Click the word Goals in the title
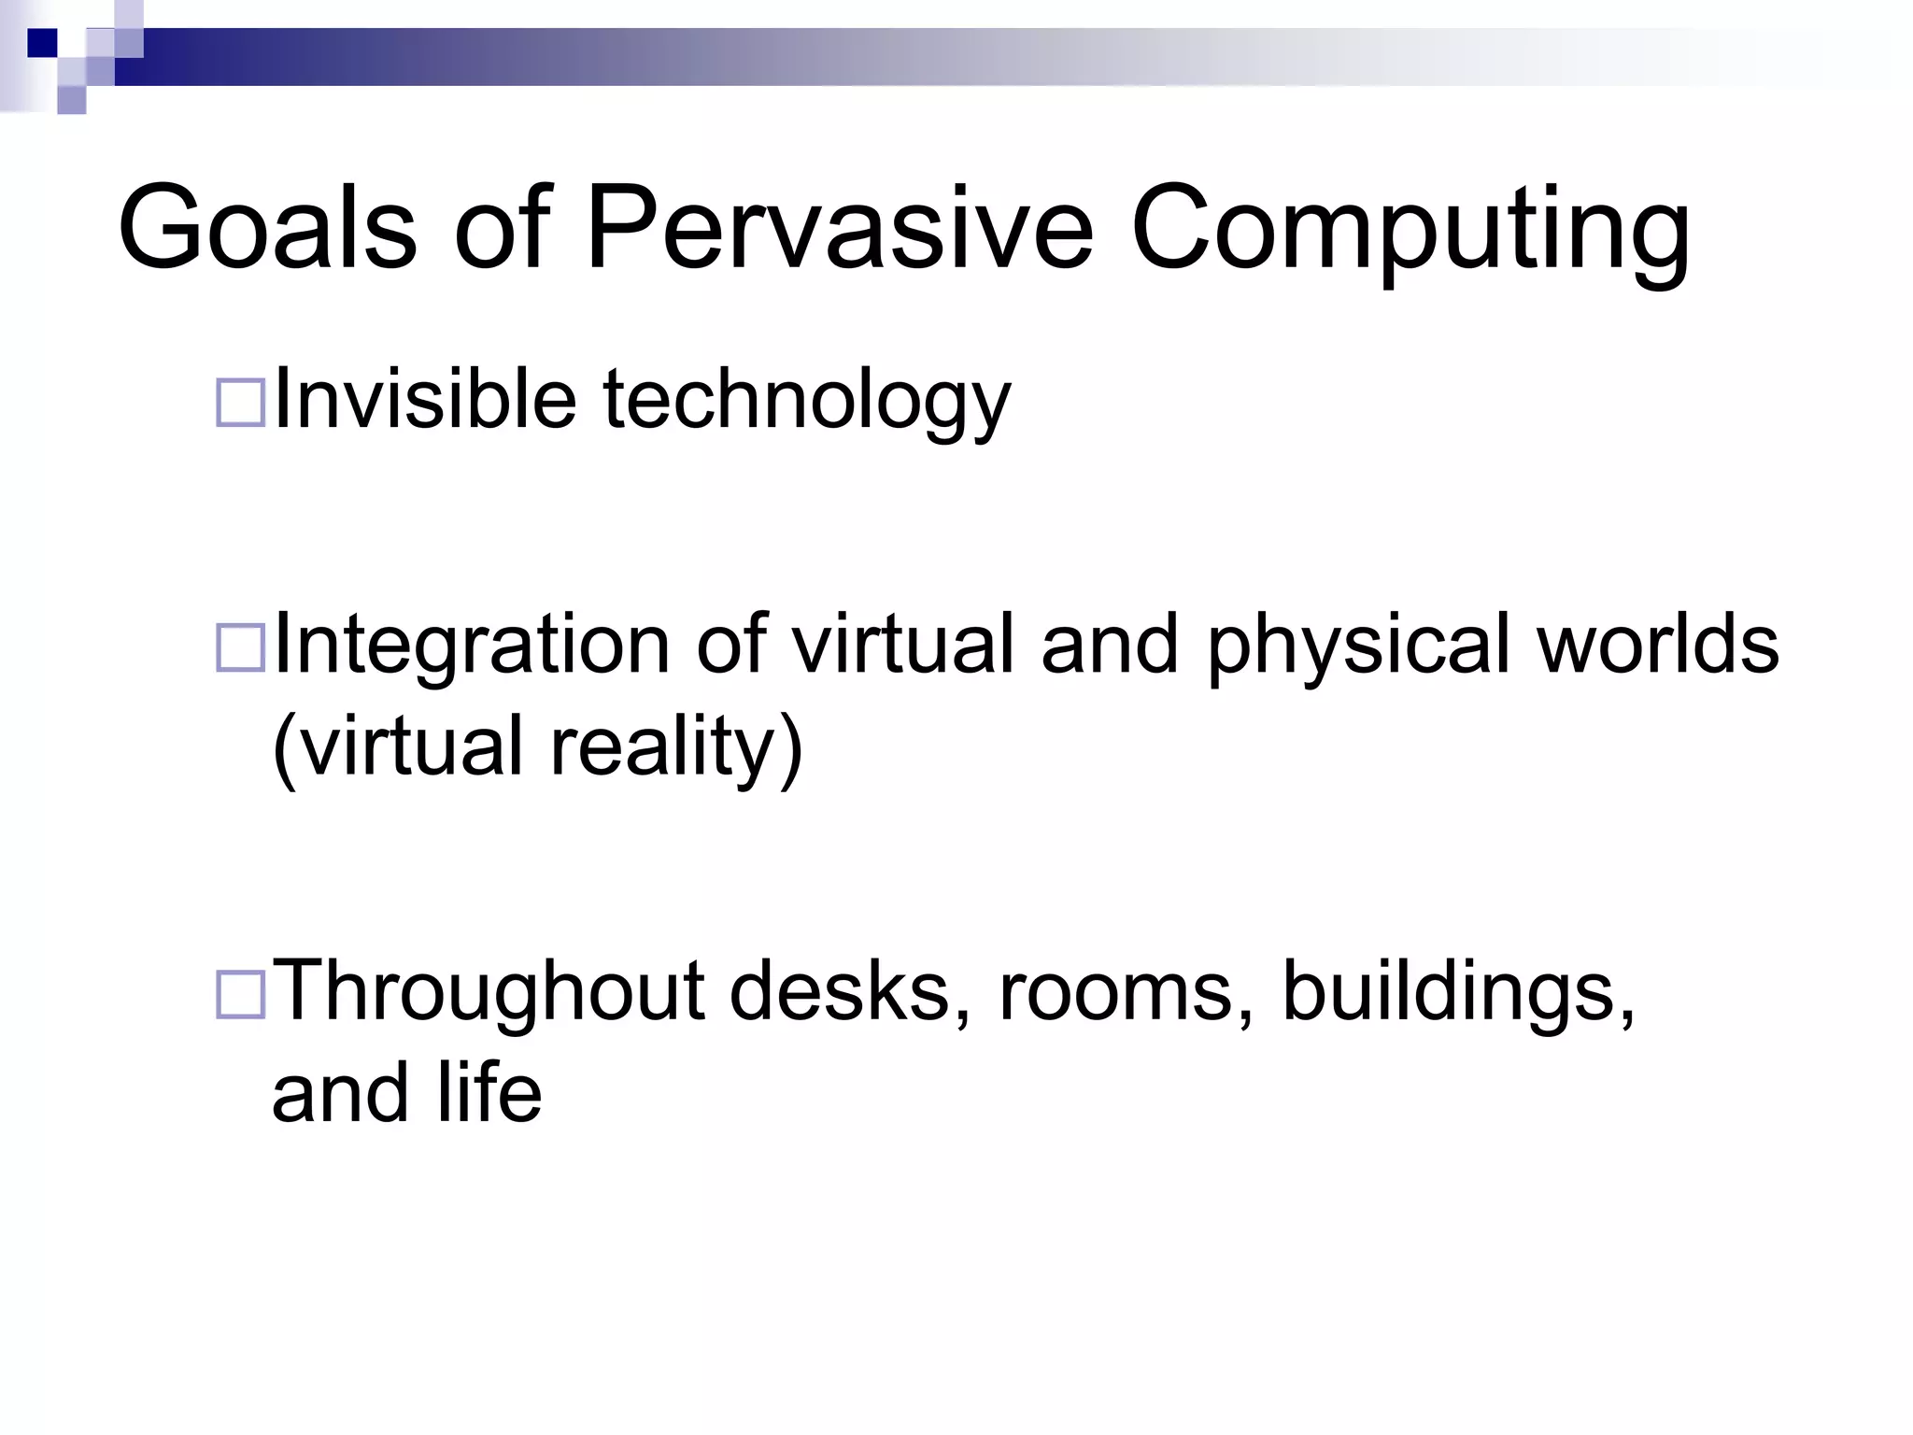point(266,229)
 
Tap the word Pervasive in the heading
point(838,229)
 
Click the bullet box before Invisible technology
point(240,404)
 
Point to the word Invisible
point(424,400)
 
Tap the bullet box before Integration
point(240,648)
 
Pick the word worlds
point(1657,645)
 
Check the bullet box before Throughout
point(240,994)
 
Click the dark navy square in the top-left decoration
point(42,43)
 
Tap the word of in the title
point(503,229)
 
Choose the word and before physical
point(1110,645)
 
